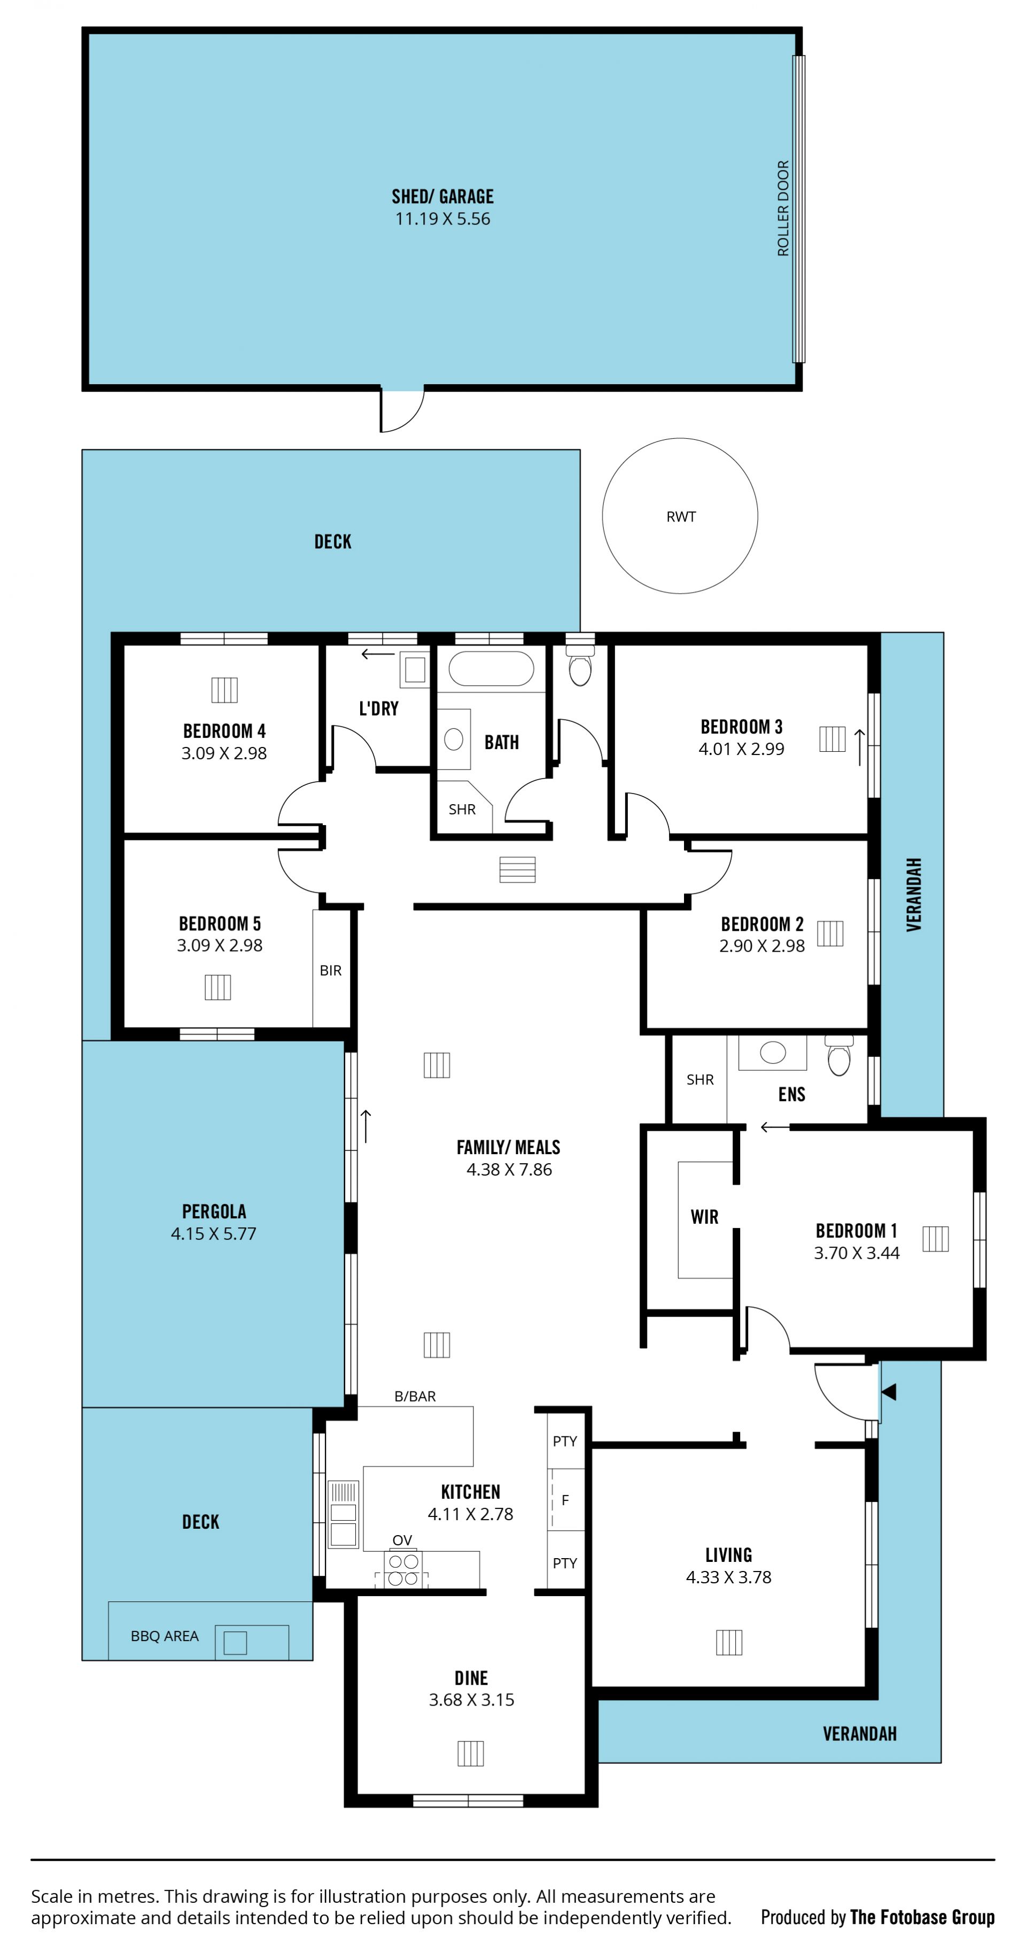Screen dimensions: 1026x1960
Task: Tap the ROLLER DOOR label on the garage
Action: (x=782, y=208)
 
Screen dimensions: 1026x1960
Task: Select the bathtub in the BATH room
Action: (x=491, y=669)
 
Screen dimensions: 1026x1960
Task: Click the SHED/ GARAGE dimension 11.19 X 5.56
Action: (x=442, y=219)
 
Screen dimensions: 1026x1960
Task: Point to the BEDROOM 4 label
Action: (x=224, y=730)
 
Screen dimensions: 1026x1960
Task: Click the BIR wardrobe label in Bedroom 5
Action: (x=330, y=970)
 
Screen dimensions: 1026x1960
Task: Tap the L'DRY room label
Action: (x=378, y=709)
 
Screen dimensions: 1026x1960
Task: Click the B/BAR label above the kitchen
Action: (x=415, y=1396)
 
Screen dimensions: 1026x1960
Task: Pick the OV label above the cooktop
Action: (x=402, y=1540)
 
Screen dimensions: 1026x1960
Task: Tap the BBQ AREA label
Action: (x=165, y=1636)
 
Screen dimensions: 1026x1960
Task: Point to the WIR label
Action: (x=704, y=1217)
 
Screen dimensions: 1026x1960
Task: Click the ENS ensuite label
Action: (x=791, y=1094)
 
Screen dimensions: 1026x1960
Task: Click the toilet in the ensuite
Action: (x=839, y=1055)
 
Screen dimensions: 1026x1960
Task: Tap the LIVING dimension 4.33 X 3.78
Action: (x=728, y=1577)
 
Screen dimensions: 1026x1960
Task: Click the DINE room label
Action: (x=471, y=1678)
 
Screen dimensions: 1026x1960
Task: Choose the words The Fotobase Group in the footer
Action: (x=922, y=1917)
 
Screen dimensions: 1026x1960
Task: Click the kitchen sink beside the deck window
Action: (x=343, y=1514)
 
